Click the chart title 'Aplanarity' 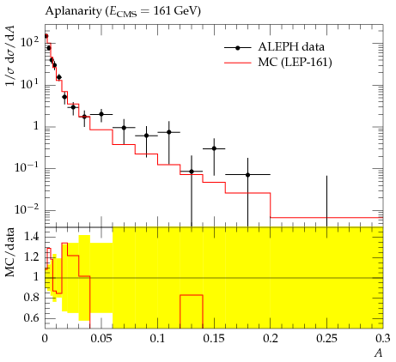tap(73, 11)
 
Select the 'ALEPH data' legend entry tap(274, 47)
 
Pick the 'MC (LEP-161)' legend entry tap(278, 62)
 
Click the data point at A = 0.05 tap(101, 114)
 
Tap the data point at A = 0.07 tap(124, 128)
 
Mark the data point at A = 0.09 tap(147, 136)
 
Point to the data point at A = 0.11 tap(169, 132)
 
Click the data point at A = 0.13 tap(192, 172)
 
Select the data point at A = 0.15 tap(214, 148)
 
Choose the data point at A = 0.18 tap(248, 175)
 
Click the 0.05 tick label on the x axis tap(101, 339)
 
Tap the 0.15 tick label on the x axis tap(214, 339)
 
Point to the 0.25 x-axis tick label tap(326, 339)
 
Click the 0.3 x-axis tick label tap(383, 339)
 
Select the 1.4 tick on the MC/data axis tap(32, 237)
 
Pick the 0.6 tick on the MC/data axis tap(32, 318)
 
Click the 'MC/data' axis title tap(9, 252)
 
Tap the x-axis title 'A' tap(379, 353)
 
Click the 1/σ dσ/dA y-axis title tap(9, 56)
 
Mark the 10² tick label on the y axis tap(30, 42)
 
